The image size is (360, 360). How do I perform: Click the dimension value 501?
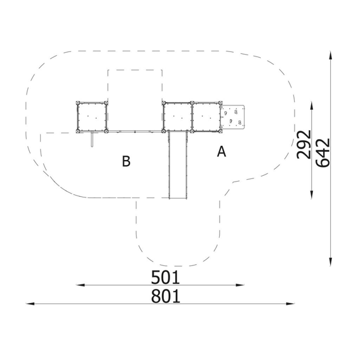165,277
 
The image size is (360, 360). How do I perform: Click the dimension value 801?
165,296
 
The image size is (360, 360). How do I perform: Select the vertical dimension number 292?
303,145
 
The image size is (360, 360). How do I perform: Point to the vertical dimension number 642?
323,152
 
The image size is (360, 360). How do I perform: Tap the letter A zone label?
222,152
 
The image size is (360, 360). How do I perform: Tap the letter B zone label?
126,161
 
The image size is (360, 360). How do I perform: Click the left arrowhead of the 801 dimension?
30,303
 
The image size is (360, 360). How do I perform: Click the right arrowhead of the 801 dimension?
290,303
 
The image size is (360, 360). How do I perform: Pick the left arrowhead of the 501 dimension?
81,285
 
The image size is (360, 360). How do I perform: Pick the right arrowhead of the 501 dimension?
240,285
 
